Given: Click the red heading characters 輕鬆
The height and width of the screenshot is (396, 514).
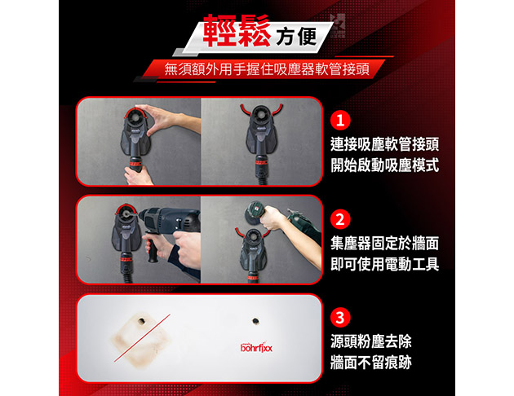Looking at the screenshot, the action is tap(237, 30).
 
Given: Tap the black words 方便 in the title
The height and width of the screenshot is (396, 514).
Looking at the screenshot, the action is tap(296, 36).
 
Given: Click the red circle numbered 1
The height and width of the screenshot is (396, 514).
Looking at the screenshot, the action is tap(340, 121).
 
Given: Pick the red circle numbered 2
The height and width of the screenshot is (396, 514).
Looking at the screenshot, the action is tap(340, 219).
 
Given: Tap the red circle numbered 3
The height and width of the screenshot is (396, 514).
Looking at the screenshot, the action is tap(340, 318).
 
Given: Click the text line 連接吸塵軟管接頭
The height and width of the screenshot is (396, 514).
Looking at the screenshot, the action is tap(384, 144).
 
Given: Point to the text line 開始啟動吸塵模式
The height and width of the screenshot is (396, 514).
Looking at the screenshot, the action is tap(384, 165).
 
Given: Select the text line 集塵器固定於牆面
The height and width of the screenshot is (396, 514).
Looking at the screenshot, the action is tap(384, 244).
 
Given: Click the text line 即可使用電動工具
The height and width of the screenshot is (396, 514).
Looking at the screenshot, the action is tap(384, 264).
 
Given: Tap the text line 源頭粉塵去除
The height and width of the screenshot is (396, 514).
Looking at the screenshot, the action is tap(370, 342).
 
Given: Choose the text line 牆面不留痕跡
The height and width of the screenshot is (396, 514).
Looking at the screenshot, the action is tap(370, 363).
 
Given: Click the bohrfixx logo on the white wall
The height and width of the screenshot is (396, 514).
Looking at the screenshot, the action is tap(256, 347).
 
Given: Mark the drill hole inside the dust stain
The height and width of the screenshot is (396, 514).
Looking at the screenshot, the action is tap(142, 321).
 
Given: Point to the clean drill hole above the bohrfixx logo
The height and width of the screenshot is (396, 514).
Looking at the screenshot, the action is tap(255, 321).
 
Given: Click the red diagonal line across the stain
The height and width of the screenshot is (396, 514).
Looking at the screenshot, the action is tap(142, 338).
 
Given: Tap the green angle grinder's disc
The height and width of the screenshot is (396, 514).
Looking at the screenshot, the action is tap(253, 213).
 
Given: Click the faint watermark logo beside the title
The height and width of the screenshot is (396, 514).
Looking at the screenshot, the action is tap(338, 25).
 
